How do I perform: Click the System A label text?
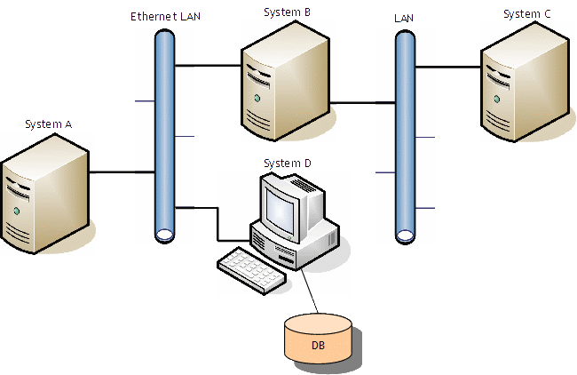coord(49,124)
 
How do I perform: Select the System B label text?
coord(288,12)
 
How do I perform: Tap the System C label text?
coord(526,13)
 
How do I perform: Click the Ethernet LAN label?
coord(166,16)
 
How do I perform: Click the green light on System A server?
coord(16,211)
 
